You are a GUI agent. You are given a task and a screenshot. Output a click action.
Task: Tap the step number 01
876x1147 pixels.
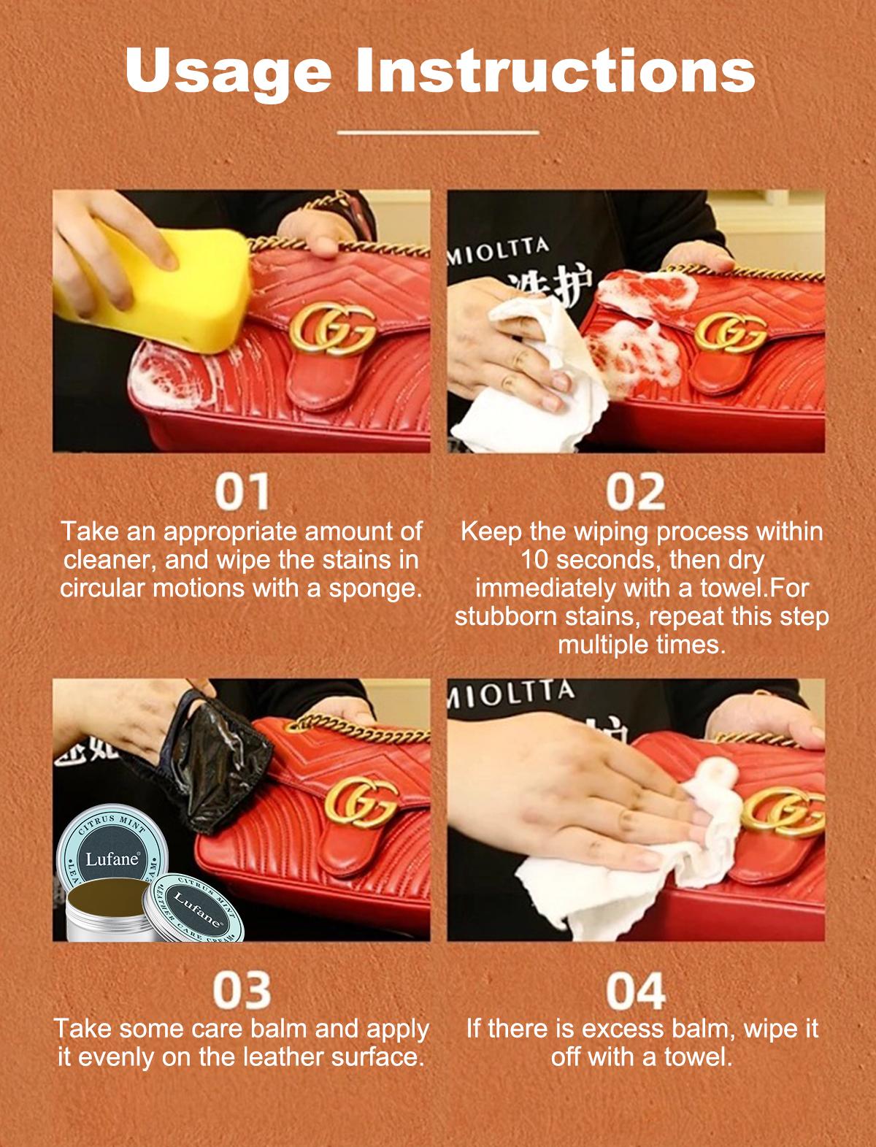click(241, 493)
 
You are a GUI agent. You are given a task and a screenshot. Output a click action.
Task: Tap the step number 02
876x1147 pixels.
click(636, 493)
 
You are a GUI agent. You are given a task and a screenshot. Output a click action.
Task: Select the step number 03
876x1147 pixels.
click(241, 991)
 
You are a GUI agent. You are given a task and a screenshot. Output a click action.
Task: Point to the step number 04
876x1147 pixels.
click(636, 991)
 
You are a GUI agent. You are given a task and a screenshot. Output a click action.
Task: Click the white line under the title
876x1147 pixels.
click(439, 133)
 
